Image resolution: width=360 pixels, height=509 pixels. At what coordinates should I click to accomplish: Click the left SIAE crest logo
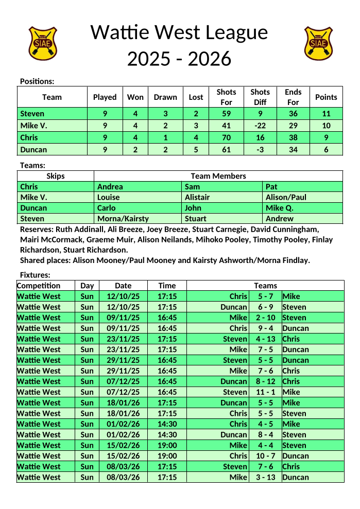click(x=42, y=43)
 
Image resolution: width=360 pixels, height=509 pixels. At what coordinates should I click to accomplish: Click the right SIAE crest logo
click(x=318, y=43)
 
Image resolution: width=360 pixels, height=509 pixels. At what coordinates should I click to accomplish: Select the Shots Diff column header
click(x=260, y=97)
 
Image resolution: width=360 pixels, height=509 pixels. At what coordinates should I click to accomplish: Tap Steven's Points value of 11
click(x=326, y=114)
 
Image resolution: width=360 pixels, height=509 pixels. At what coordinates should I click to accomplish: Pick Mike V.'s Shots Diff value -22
click(x=260, y=126)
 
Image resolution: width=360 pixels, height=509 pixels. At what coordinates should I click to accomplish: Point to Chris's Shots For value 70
click(x=226, y=137)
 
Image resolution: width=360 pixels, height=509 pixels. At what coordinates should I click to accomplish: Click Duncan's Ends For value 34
click(x=293, y=150)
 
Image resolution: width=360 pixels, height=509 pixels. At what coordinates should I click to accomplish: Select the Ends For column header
click(x=293, y=97)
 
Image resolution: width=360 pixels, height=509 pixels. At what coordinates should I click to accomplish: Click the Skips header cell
click(x=56, y=176)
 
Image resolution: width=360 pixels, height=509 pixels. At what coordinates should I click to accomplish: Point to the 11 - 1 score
click(x=265, y=392)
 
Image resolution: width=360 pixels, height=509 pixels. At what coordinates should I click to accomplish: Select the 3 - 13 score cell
click(x=265, y=477)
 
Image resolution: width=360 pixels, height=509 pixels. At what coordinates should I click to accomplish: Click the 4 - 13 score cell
click(x=265, y=339)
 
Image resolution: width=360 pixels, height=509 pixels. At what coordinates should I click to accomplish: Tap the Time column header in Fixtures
click(x=167, y=286)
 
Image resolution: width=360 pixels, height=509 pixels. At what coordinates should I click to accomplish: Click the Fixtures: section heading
click(x=35, y=275)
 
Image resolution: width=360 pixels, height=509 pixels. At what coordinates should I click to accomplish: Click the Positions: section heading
click(x=37, y=81)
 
